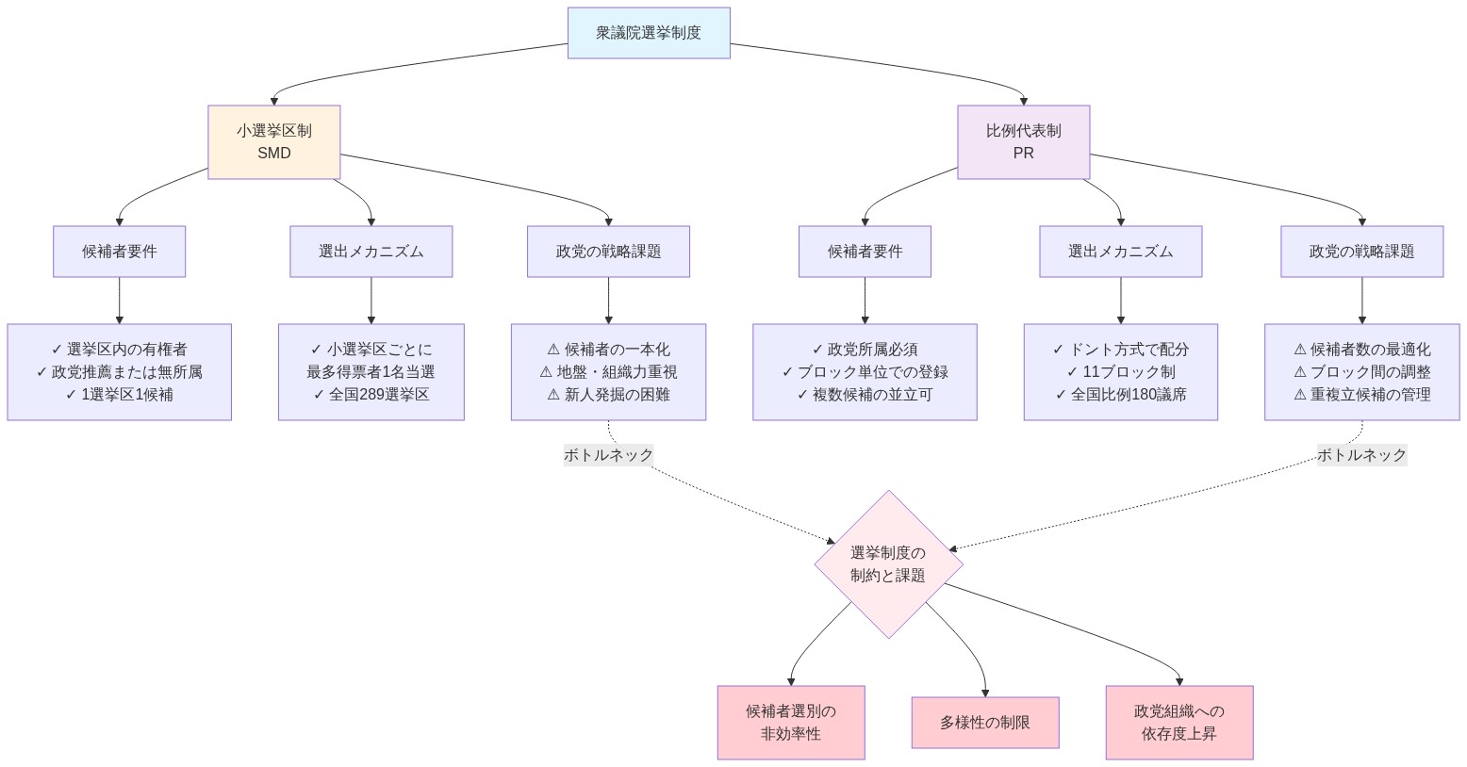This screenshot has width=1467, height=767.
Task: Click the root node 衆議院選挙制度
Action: click(x=649, y=33)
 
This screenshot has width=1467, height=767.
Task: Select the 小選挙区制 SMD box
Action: click(x=273, y=142)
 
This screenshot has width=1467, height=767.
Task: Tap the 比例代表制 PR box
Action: click(x=1023, y=142)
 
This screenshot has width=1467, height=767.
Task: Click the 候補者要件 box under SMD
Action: click(x=119, y=252)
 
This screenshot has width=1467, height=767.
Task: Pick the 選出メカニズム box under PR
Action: click(x=1120, y=252)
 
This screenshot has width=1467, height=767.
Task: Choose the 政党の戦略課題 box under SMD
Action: click(x=608, y=252)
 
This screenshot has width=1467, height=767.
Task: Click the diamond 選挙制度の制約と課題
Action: click(x=888, y=564)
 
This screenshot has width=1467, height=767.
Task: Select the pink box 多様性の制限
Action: click(x=984, y=723)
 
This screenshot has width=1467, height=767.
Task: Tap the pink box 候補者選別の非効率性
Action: click(x=790, y=723)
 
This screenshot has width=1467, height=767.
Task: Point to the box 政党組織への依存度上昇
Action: click(x=1179, y=723)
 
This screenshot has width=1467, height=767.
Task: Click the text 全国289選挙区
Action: click(x=371, y=395)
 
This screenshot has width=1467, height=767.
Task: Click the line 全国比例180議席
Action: click(x=1120, y=395)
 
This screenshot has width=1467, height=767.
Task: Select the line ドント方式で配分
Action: click(x=1120, y=350)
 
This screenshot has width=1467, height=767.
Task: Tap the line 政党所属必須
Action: click(x=865, y=350)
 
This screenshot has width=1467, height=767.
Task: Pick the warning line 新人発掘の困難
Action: click(x=608, y=395)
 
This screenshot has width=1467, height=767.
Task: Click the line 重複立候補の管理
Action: click(x=1361, y=395)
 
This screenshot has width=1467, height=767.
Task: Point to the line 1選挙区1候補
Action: click(x=119, y=395)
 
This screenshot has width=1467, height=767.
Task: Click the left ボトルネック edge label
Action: click(x=608, y=455)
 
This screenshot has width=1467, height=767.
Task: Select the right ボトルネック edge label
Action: click(x=1361, y=455)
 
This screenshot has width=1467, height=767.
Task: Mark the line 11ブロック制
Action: click(x=1120, y=372)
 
